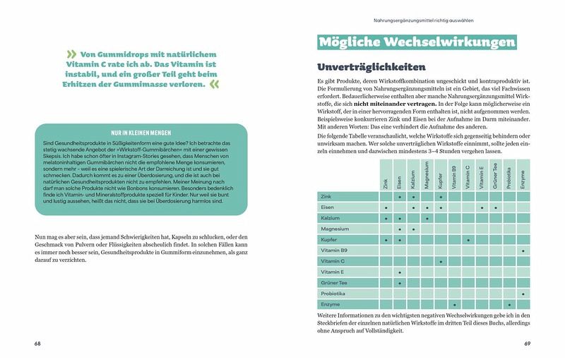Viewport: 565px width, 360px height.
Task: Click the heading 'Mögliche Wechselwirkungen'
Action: [415, 43]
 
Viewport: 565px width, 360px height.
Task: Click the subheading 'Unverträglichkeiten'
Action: [371, 68]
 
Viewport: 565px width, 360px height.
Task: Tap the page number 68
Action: [37, 344]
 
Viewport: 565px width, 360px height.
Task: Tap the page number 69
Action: [527, 344]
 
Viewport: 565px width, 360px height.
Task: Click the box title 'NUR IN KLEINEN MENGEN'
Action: [141, 133]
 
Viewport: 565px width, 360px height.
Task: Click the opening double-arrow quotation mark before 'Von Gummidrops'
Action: [71, 54]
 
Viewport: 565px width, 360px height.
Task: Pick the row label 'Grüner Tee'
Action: [335, 282]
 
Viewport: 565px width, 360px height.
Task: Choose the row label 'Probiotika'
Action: [334, 293]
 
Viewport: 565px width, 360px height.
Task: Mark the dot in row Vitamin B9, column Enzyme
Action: [523, 251]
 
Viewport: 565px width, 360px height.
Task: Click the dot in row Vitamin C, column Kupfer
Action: [441, 261]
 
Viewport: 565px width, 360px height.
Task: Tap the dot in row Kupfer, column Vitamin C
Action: [468, 240]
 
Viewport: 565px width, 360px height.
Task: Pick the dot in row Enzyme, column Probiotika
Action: [509, 304]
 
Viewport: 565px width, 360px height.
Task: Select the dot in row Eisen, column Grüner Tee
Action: [495, 208]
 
